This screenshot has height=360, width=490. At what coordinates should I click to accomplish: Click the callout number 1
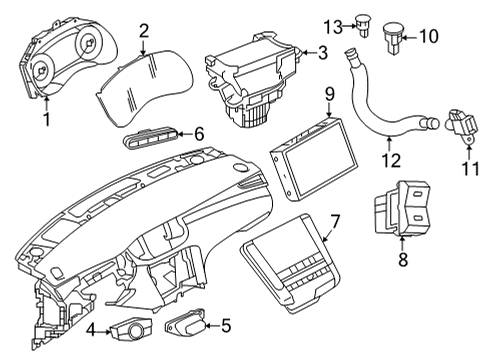(44, 120)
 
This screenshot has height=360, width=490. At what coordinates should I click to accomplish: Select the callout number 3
(322, 51)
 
